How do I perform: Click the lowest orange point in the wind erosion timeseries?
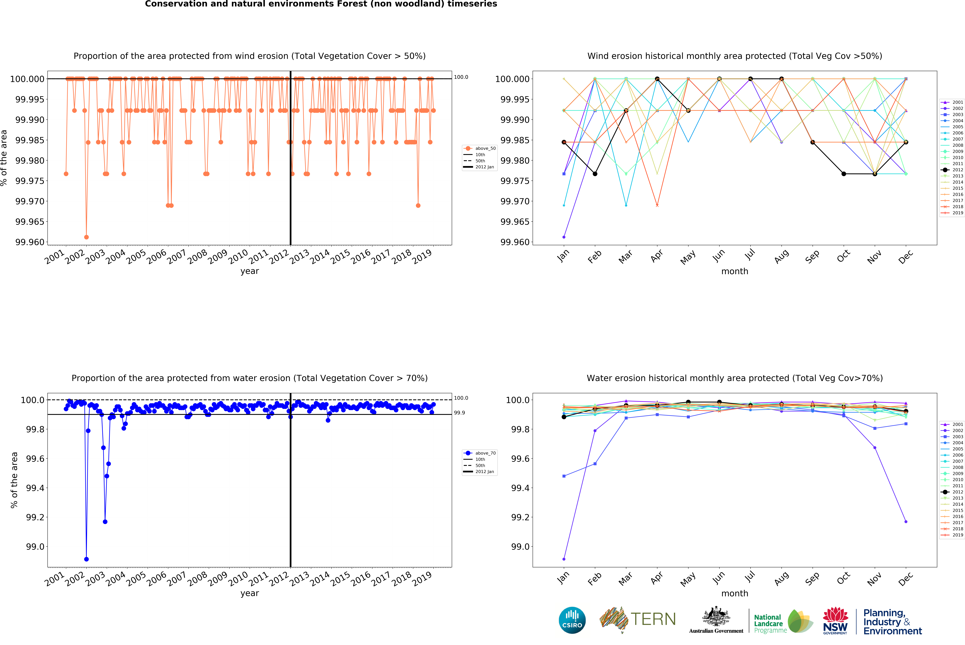click(86, 237)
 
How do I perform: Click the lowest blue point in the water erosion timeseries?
click(86, 559)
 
